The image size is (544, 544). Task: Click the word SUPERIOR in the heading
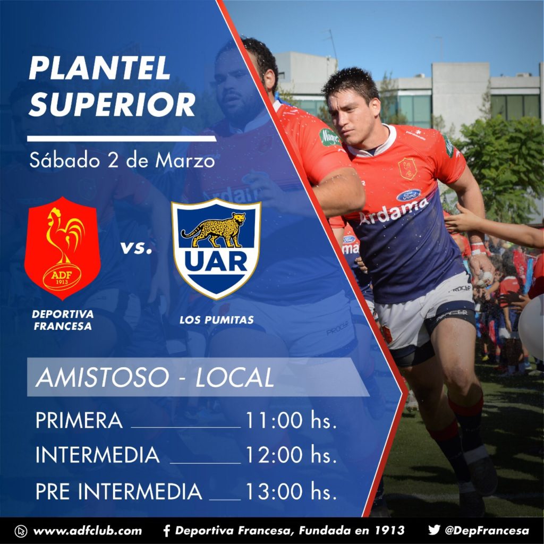click(x=112, y=105)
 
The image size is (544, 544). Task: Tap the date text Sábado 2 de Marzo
click(x=122, y=160)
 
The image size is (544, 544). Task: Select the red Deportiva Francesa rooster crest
click(x=63, y=248)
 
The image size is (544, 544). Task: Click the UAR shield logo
click(x=216, y=249)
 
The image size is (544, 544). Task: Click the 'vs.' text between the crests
click(x=136, y=248)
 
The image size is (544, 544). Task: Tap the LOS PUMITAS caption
click(x=217, y=320)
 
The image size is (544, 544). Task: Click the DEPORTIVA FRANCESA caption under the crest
click(x=63, y=320)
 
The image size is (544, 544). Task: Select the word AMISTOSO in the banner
click(x=103, y=378)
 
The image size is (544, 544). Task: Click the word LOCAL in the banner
click(x=235, y=378)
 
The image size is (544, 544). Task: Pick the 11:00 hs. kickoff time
click(x=291, y=420)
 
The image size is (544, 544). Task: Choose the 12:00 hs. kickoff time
click(x=291, y=455)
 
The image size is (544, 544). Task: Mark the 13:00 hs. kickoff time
click(x=291, y=491)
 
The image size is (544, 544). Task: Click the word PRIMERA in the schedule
click(x=79, y=420)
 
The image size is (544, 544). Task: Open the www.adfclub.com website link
click(x=88, y=531)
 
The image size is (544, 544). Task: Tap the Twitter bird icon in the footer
click(x=434, y=530)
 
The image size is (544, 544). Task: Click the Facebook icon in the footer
click(x=167, y=531)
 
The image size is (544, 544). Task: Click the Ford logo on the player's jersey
click(x=409, y=195)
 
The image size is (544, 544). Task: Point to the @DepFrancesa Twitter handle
click(x=487, y=531)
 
